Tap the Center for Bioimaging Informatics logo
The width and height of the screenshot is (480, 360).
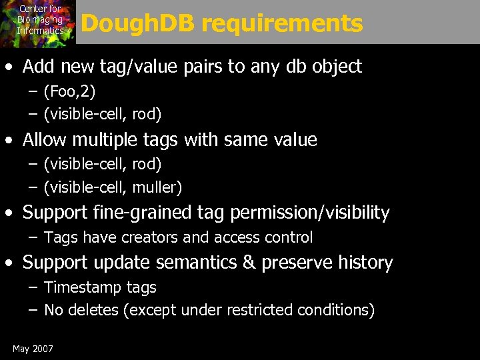(39, 21)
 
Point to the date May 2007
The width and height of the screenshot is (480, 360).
(33, 349)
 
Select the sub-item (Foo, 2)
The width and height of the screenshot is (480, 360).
(70, 91)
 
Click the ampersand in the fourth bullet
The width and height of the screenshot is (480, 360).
(249, 263)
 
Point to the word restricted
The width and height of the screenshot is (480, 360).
(259, 310)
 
